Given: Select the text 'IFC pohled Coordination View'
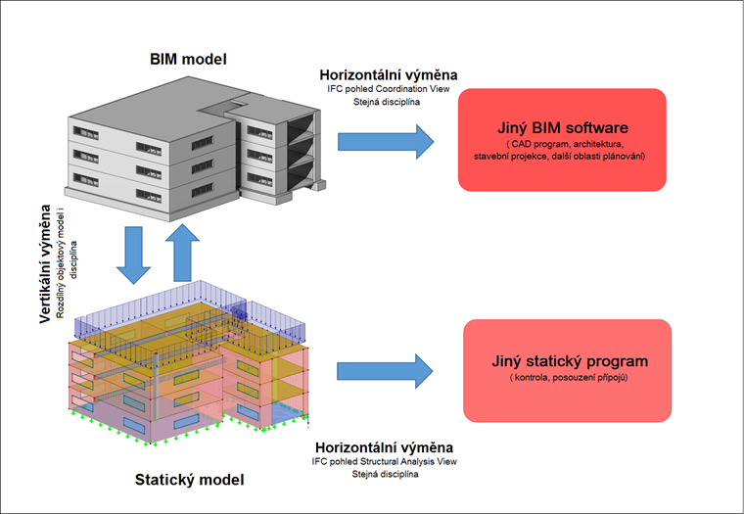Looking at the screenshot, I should coord(389,89).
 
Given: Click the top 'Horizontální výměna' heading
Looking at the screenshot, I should coord(389,74).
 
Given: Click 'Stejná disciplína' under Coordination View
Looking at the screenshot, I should coord(389,102).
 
